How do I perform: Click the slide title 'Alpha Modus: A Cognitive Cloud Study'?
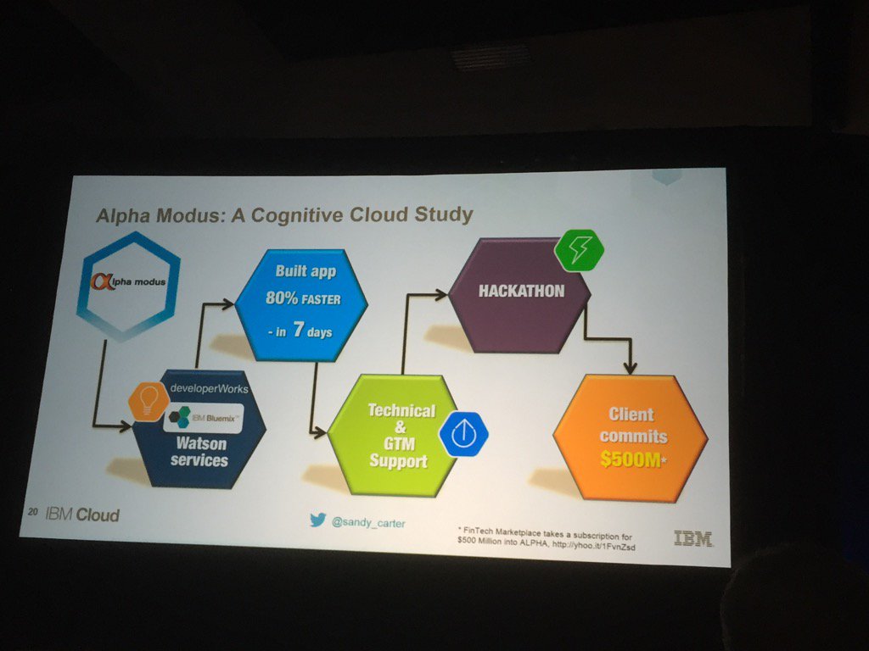[283, 214]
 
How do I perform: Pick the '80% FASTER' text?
[303, 299]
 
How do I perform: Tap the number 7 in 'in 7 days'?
[300, 331]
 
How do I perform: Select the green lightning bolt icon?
[579, 251]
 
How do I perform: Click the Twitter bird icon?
[317, 520]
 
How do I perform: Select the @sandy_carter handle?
[368, 523]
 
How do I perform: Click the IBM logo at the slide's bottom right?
[692, 537]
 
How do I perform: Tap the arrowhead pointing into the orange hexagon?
[629, 366]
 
